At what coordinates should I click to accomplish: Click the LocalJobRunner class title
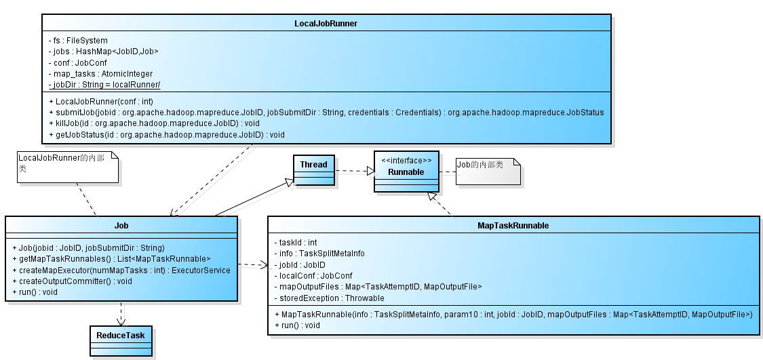(x=326, y=23)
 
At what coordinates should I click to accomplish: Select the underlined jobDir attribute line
(x=104, y=85)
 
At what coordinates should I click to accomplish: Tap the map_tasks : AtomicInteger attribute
(x=101, y=73)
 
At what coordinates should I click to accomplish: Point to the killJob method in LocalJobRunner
(x=154, y=123)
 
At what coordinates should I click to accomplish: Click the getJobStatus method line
(x=167, y=134)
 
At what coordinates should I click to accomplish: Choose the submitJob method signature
(x=326, y=113)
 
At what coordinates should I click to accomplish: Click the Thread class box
(x=314, y=170)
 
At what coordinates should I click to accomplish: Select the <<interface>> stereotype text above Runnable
(x=406, y=161)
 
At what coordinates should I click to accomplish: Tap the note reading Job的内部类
(x=488, y=172)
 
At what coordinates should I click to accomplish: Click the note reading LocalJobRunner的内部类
(x=68, y=167)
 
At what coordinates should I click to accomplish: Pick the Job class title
(x=121, y=226)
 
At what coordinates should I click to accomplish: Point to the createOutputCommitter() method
(x=72, y=281)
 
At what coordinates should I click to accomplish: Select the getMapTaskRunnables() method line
(x=111, y=259)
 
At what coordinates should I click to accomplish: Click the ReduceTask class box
(x=121, y=341)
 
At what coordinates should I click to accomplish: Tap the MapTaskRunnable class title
(x=513, y=226)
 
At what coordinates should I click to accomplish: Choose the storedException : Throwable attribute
(x=330, y=298)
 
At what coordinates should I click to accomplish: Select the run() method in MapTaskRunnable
(x=297, y=325)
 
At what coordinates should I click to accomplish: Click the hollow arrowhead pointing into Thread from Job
(x=290, y=182)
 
